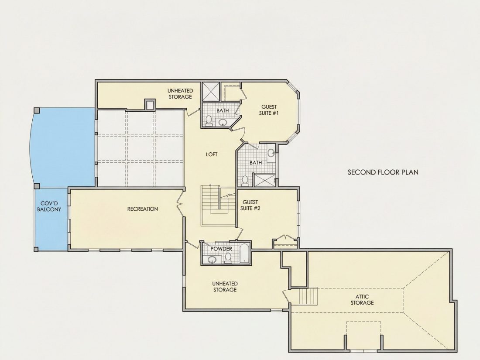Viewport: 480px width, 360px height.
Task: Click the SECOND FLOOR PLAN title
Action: pos(383,172)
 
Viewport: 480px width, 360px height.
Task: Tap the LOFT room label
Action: pos(212,154)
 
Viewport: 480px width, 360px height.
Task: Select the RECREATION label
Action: pos(143,209)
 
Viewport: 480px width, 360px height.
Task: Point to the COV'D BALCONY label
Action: pos(49,206)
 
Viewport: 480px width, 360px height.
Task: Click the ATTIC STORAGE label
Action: pos(362,300)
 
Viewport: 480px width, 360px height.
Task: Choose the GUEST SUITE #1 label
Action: pos(269,110)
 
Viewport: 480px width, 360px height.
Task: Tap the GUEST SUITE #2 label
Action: pos(250,205)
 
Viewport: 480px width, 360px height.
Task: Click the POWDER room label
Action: pos(221,249)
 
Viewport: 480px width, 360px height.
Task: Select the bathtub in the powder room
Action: pos(244,253)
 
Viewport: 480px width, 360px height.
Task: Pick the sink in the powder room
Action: pos(212,260)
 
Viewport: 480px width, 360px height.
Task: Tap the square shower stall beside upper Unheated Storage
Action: pos(211,91)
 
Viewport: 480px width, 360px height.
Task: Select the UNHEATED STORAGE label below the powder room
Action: pos(225,287)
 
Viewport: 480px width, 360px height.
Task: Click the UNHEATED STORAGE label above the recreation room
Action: pos(180,94)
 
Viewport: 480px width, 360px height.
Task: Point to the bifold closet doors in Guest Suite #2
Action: pos(286,238)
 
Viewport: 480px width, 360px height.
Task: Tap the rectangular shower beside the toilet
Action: pos(265,180)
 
